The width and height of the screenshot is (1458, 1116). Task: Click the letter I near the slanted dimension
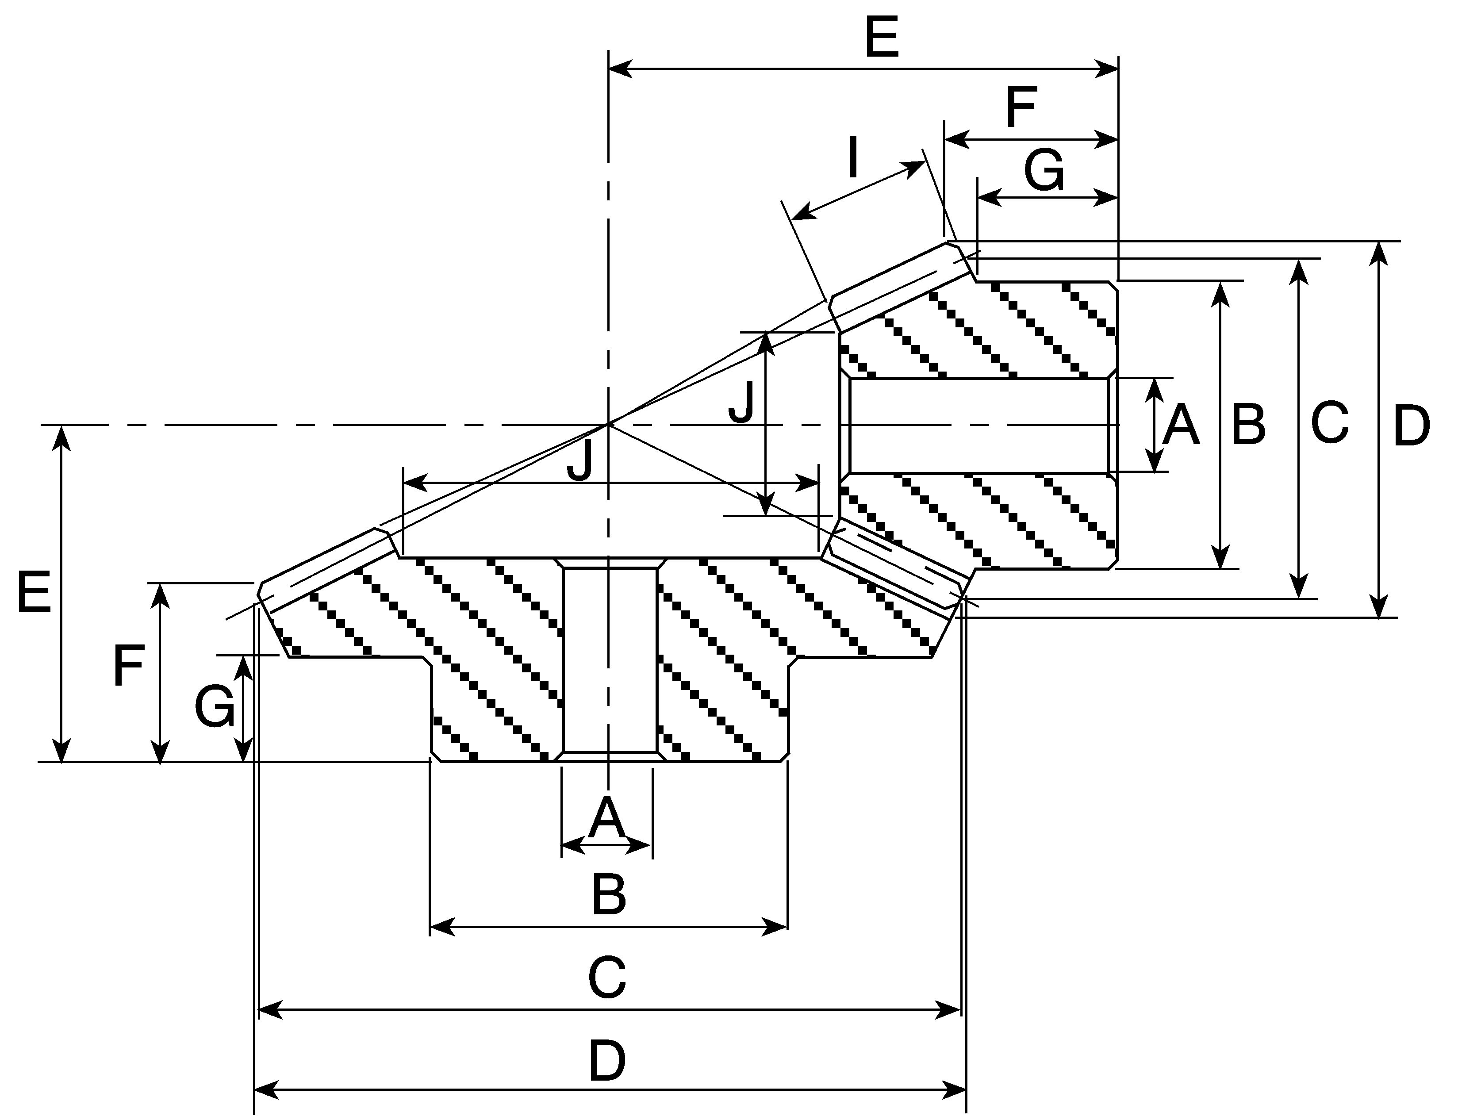(x=854, y=157)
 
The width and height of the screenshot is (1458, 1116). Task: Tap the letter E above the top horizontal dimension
(x=882, y=38)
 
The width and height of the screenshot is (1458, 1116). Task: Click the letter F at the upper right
(x=1021, y=107)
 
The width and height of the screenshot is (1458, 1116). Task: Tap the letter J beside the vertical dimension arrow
(x=742, y=403)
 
